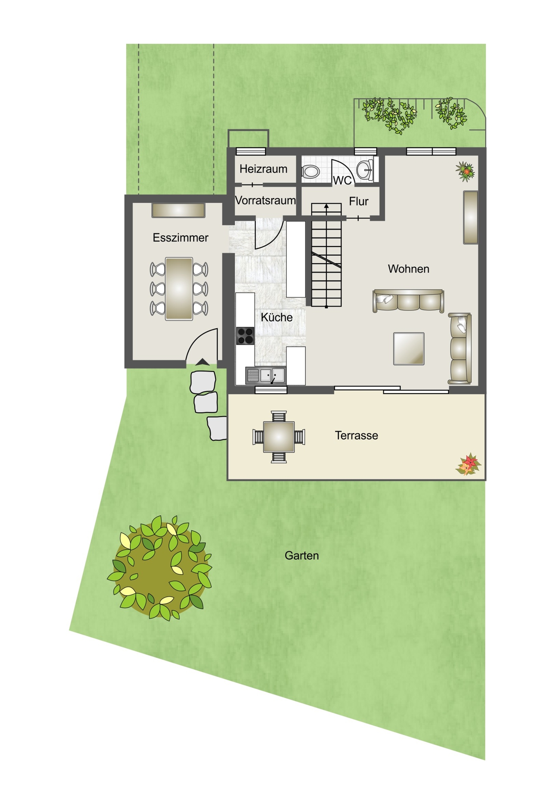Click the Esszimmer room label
click(x=180, y=238)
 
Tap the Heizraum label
click(x=263, y=169)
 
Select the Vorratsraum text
click(x=266, y=200)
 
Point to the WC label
click(x=342, y=180)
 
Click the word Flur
click(x=359, y=201)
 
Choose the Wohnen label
click(x=408, y=269)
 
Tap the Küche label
click(x=277, y=317)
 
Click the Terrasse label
click(x=356, y=435)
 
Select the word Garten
click(x=302, y=556)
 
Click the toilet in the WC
click(x=311, y=171)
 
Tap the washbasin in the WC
click(x=365, y=170)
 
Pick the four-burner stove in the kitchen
click(x=245, y=336)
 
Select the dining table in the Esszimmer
click(x=179, y=289)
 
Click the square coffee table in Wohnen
click(x=408, y=348)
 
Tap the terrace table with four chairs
click(x=279, y=437)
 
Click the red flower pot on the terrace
click(x=468, y=465)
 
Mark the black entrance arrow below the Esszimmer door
click(x=202, y=362)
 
